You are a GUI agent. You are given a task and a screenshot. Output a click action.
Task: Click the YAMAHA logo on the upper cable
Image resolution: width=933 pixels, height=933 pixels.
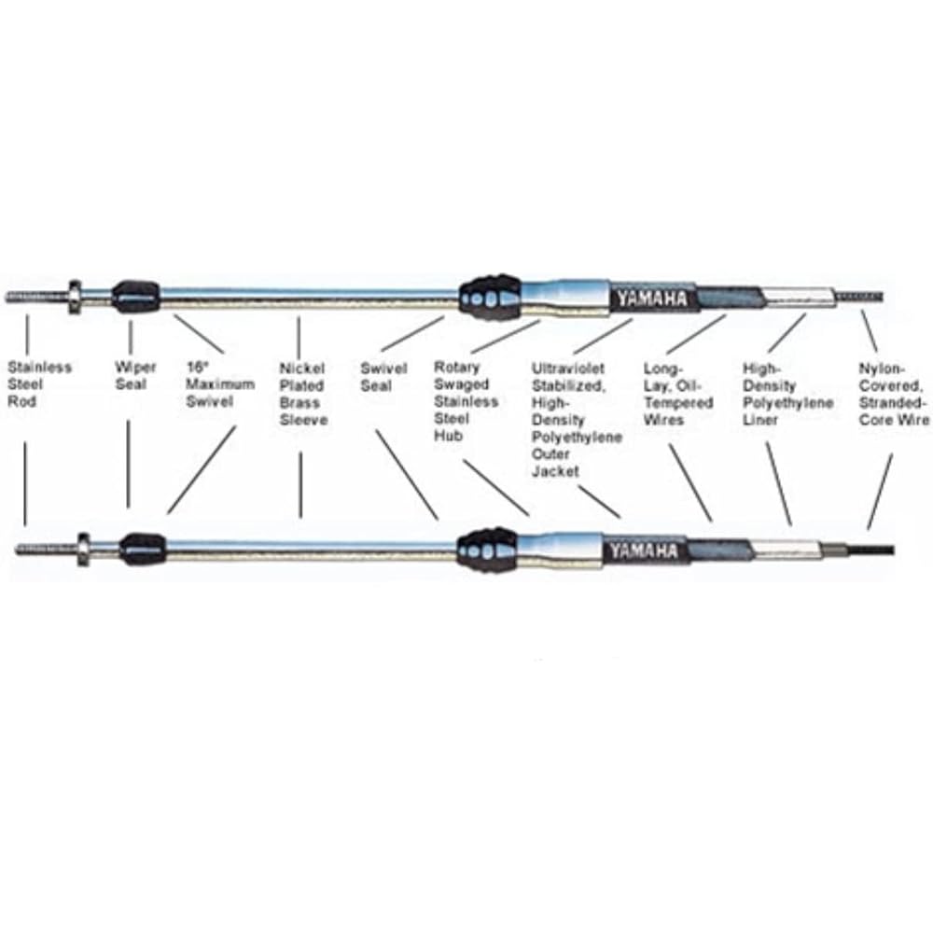[x=651, y=299]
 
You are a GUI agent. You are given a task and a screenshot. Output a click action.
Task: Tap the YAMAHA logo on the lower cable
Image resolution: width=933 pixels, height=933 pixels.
[x=643, y=551]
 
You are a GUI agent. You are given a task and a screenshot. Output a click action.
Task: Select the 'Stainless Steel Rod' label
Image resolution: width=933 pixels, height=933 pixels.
[x=39, y=384]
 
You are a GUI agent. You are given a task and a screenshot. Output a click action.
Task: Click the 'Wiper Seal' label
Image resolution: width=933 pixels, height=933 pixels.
[x=135, y=375]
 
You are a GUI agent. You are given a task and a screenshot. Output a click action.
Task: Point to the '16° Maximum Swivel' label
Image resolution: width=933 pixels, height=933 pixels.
[x=220, y=384]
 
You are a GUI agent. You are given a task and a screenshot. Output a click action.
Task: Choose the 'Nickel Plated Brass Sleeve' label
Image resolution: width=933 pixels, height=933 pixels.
[x=303, y=394]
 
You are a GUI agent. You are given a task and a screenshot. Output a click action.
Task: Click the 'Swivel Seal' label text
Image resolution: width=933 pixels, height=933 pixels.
[x=383, y=377]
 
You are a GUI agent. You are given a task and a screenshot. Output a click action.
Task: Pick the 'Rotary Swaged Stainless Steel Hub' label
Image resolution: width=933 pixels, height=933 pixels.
[x=466, y=401]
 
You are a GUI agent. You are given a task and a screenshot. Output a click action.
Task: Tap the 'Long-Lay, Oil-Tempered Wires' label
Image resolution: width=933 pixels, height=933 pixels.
[x=678, y=394]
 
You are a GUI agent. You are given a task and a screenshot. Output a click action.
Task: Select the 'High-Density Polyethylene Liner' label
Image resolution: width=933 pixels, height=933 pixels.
[x=787, y=394]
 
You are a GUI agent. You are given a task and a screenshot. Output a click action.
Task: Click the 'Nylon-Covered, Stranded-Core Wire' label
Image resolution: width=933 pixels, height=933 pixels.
[x=894, y=394]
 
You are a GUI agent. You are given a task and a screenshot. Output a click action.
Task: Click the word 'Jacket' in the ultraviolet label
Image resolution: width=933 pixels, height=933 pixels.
[x=555, y=471]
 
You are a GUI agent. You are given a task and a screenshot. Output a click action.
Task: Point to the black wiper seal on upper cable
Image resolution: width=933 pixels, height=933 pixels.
[x=136, y=297]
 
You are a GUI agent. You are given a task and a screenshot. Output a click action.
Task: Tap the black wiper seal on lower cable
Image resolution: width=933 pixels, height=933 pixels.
[x=143, y=550]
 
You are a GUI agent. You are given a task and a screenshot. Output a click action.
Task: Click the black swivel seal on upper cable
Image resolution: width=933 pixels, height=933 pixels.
[x=491, y=298]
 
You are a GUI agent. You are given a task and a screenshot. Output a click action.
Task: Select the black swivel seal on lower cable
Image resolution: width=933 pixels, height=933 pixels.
[x=487, y=550]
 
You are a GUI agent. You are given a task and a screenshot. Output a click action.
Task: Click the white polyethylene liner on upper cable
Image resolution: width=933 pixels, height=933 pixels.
[x=800, y=296]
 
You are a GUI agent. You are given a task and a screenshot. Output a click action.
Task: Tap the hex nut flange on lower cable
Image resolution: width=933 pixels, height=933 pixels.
[x=84, y=549]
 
